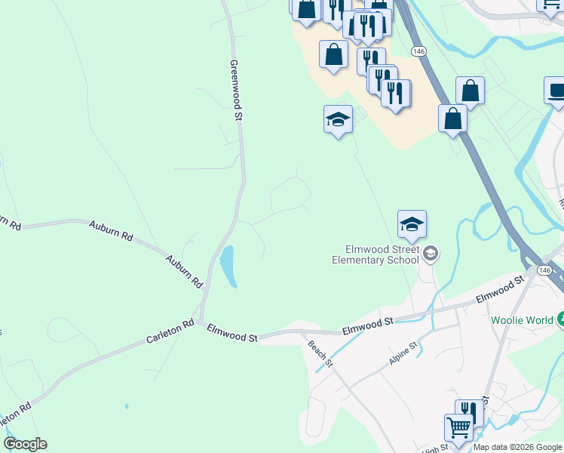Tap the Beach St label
[320, 353]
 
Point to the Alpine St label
[403, 353]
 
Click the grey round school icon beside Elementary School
[431, 254]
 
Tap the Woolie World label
[521, 320]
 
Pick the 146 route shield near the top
[419, 51]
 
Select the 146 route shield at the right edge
[544, 270]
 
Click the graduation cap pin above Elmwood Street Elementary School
[412, 224]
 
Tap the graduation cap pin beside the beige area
[338, 119]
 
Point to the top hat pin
[556, 91]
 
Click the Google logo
[25, 444]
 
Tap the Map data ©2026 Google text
[517, 447]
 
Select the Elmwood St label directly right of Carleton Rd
[232, 333]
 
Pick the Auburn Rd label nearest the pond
[185, 271]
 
